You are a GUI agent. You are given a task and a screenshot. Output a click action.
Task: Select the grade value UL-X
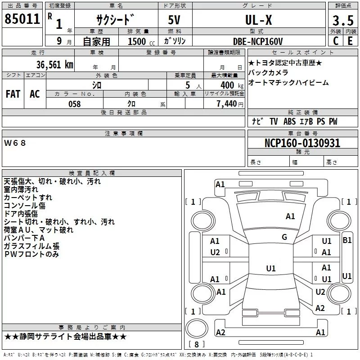coord(258,20)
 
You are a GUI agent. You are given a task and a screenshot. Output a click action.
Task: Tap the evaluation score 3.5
coord(342,21)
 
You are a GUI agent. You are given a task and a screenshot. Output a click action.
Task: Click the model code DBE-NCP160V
coord(258,41)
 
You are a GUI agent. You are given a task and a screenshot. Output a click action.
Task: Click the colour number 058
coord(74,104)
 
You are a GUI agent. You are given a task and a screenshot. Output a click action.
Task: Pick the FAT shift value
coord(13,94)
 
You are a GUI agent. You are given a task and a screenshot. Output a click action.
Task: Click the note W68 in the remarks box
coord(15,143)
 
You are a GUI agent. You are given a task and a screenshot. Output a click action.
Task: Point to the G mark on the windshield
coord(284,237)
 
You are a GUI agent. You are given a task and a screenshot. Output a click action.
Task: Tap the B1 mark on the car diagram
coord(347,240)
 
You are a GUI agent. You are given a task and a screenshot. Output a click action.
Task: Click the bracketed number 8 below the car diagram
coord(196,345)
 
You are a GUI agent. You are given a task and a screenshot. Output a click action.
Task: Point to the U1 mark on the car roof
coord(270,269)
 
